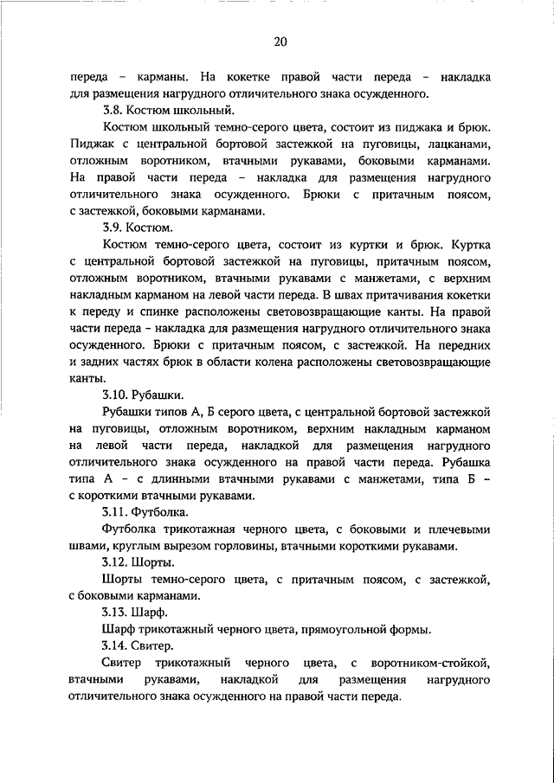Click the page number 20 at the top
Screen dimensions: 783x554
(x=280, y=42)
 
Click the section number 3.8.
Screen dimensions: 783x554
(x=113, y=110)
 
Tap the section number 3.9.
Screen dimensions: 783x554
(x=113, y=228)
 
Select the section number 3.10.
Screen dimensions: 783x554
(x=115, y=395)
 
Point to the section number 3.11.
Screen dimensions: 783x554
(x=115, y=511)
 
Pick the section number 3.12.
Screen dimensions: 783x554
(x=115, y=562)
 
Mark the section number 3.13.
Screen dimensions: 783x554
(x=115, y=612)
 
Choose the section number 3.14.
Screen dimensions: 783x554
(x=115, y=645)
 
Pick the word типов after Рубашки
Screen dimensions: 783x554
(x=173, y=411)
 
